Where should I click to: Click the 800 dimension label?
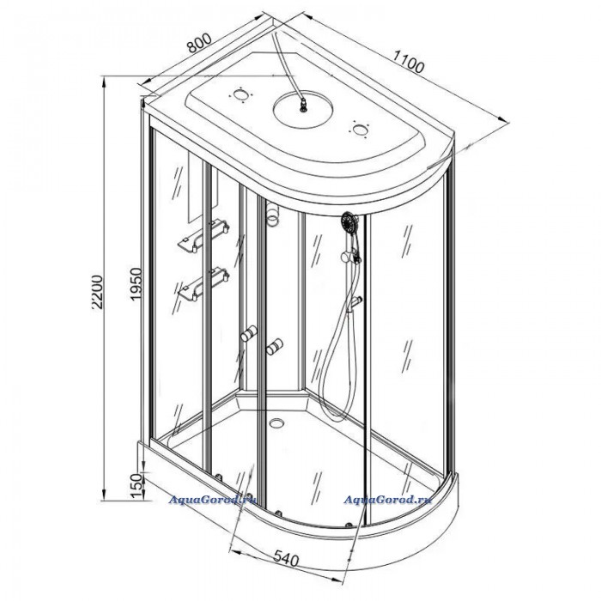coord(199,43)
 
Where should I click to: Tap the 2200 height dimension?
coord(97,292)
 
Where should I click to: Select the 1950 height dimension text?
coord(136,284)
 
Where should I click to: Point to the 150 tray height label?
coord(136,486)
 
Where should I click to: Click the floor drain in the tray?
coord(276,422)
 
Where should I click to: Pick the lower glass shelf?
coord(203,284)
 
